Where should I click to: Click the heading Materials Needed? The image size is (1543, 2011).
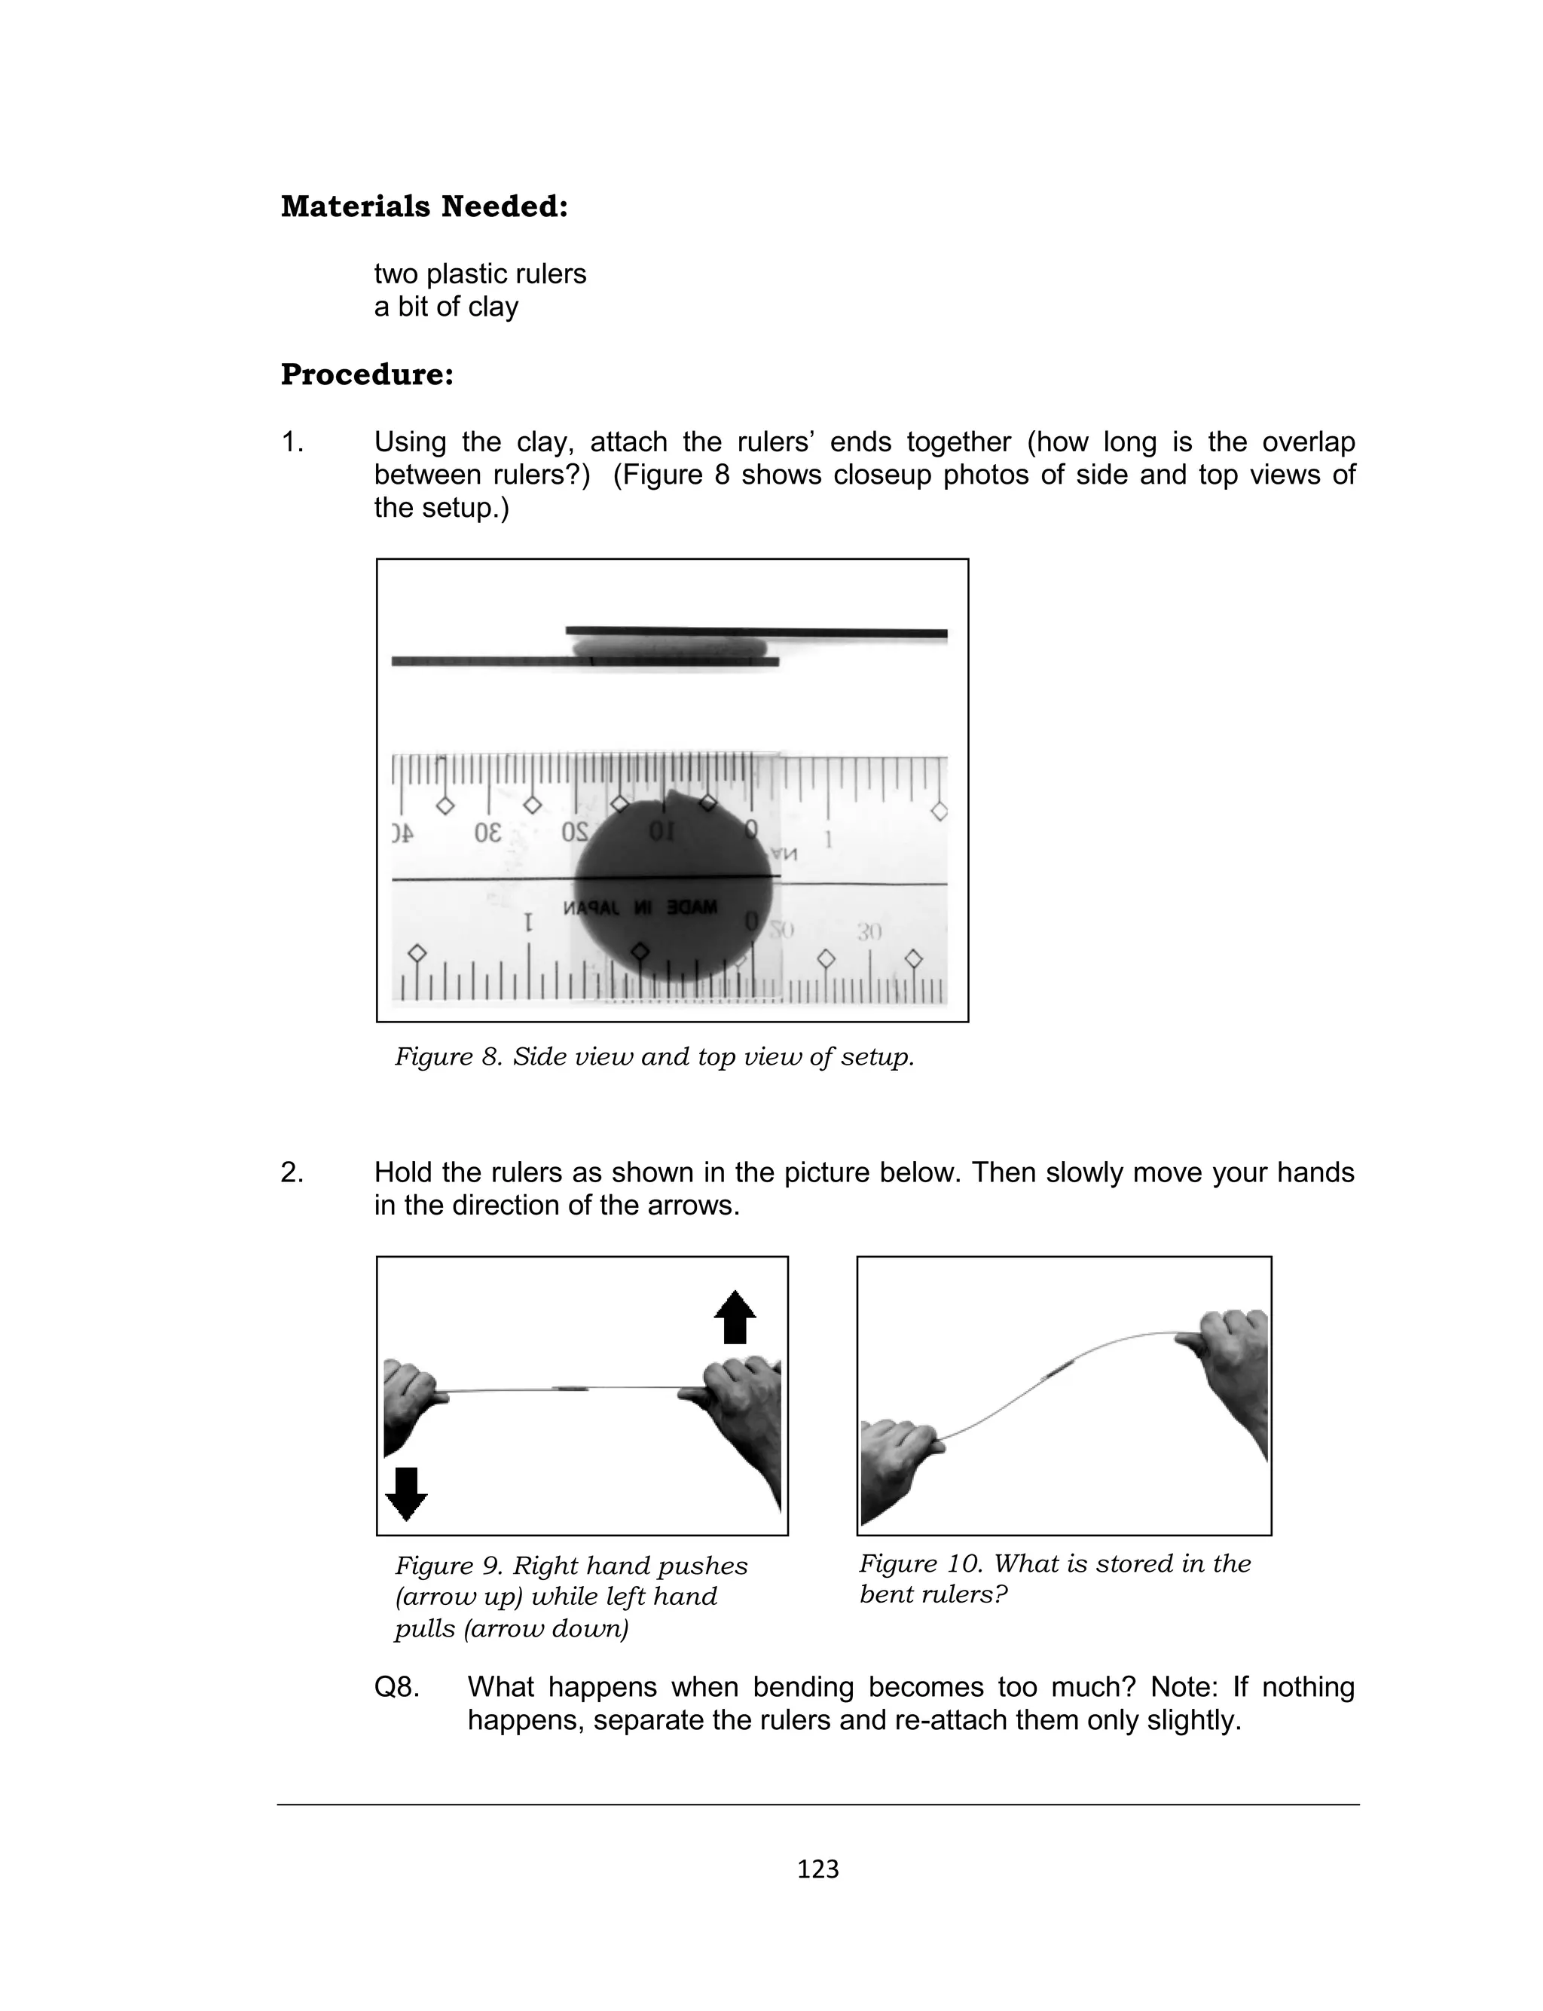click(x=424, y=206)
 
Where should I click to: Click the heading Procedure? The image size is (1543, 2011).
click(x=368, y=374)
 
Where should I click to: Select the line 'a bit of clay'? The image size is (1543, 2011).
click(x=445, y=307)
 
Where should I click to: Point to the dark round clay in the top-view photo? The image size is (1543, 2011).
click(x=675, y=886)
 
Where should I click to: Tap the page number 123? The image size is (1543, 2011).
click(x=817, y=1869)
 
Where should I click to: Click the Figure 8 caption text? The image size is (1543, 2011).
click(x=654, y=1057)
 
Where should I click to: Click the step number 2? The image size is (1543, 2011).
click(x=292, y=1172)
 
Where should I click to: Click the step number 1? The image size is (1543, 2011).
click(x=292, y=442)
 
